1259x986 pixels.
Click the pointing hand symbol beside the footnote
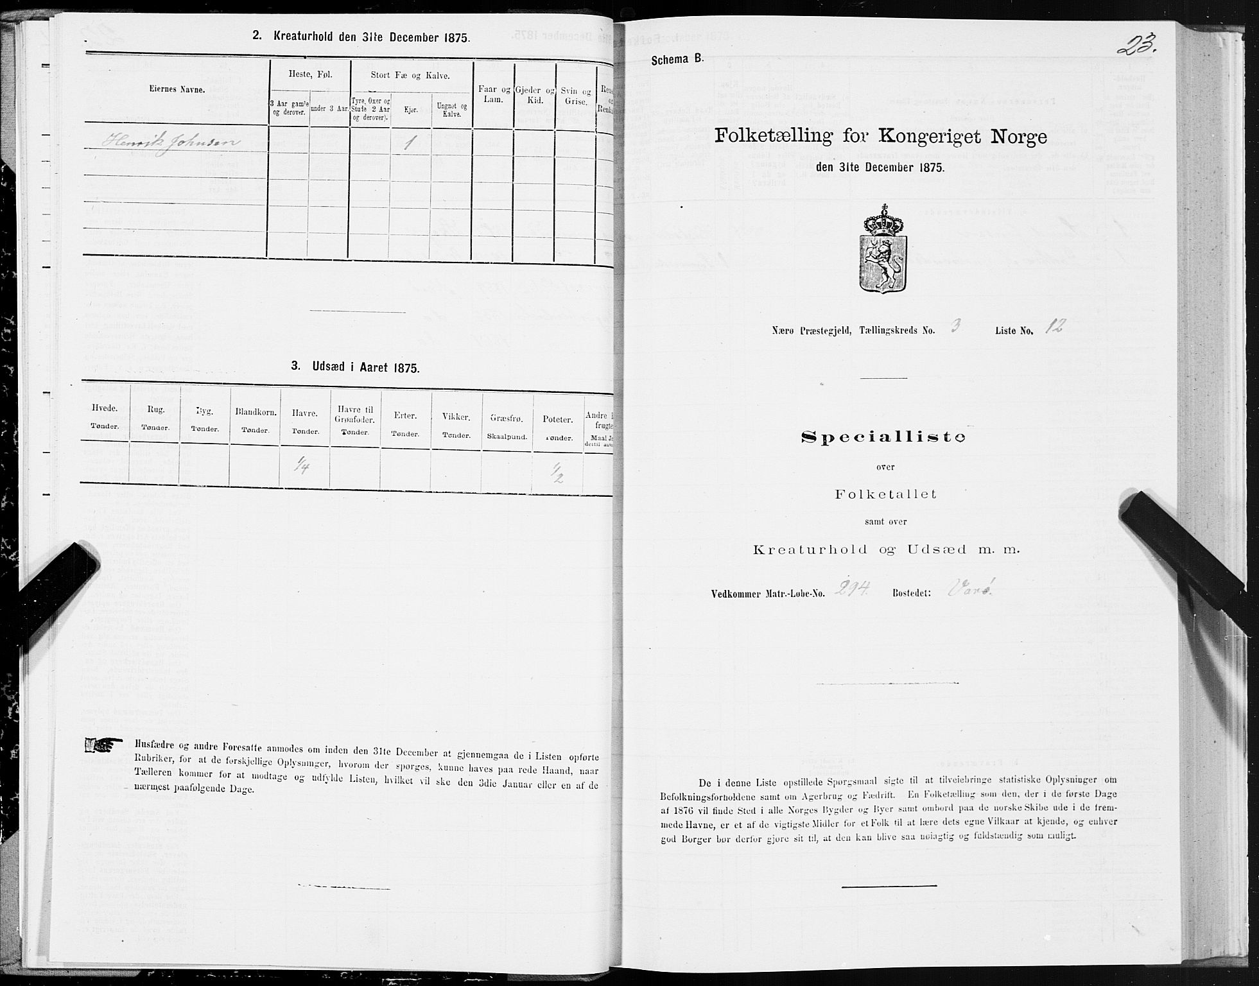click(104, 745)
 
